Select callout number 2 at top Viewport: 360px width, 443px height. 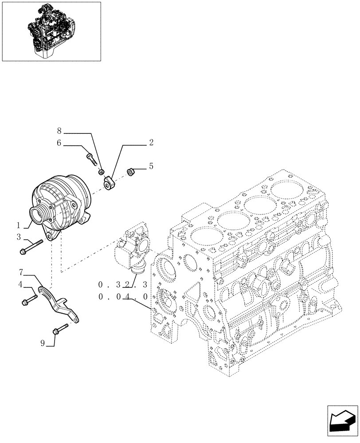(151, 143)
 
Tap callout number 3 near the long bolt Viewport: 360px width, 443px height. (19, 237)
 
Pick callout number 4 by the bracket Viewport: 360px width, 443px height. (20, 284)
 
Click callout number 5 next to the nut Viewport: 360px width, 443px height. (151, 167)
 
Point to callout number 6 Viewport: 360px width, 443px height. (59, 143)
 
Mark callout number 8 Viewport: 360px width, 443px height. (59, 131)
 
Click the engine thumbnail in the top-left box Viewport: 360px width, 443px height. (51, 31)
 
